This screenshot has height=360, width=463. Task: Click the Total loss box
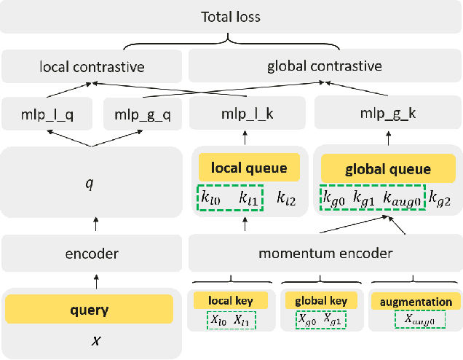[x=231, y=15]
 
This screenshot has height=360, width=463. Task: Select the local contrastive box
[x=91, y=67]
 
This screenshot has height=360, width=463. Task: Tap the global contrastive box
[x=325, y=67]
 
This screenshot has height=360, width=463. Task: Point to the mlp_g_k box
[x=387, y=114]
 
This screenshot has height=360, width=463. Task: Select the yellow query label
[x=89, y=310]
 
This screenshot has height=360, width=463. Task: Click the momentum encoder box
[x=325, y=254]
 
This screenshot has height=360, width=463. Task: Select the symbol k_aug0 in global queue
[x=402, y=197]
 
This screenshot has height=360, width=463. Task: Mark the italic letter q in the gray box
[x=90, y=184]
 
